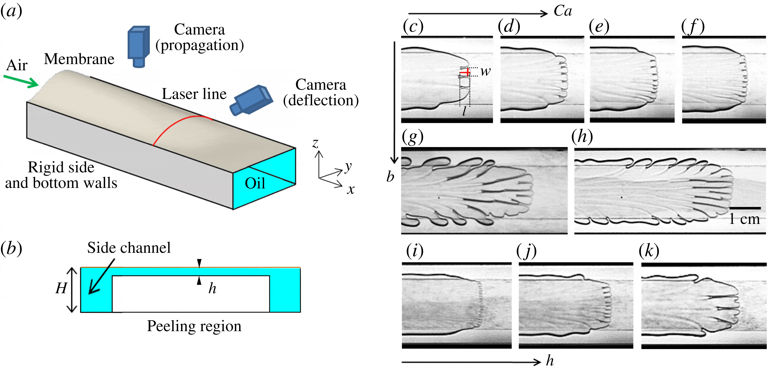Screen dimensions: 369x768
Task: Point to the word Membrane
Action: pyautogui.click(x=79, y=59)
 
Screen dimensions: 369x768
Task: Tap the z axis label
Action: pyautogui.click(x=315, y=144)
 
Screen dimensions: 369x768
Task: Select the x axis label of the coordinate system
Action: pyautogui.click(x=350, y=189)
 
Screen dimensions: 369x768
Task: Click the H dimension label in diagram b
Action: pyautogui.click(x=61, y=288)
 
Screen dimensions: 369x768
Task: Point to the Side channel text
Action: pyautogui.click(x=129, y=248)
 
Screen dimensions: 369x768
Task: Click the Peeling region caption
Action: pyautogui.click(x=194, y=326)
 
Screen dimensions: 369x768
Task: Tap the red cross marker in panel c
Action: pyautogui.click(x=465, y=72)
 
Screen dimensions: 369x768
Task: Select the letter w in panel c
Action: pyautogui.click(x=485, y=71)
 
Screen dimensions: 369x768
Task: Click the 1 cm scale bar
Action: pyautogui.click(x=745, y=208)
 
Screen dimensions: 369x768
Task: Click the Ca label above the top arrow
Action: pyautogui.click(x=563, y=11)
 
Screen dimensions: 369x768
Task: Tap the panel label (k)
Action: pyautogui.click(x=649, y=251)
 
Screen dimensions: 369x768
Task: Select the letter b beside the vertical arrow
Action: pyautogui.click(x=390, y=177)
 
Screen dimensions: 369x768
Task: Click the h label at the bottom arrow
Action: pyautogui.click(x=550, y=361)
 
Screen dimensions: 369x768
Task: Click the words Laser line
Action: pyautogui.click(x=194, y=94)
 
